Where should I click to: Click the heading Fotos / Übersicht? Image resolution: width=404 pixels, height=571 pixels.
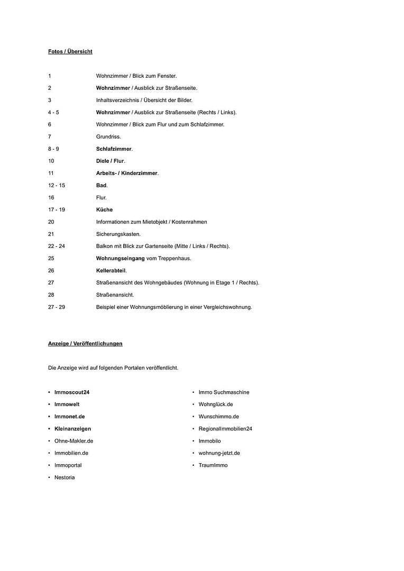click(x=70, y=51)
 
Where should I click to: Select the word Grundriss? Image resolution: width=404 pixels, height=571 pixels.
click(x=108, y=136)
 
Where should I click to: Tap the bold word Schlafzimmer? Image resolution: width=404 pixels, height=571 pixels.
click(x=114, y=149)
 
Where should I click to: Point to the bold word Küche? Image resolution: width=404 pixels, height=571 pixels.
click(x=104, y=209)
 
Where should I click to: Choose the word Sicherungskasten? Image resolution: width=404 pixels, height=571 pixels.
click(x=118, y=234)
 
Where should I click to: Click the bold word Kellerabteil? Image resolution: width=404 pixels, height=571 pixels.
click(x=111, y=270)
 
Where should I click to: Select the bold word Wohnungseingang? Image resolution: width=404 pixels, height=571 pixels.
click(x=120, y=258)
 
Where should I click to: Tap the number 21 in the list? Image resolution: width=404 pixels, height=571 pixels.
click(x=51, y=234)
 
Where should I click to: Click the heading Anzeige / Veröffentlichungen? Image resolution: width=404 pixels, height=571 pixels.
click(x=85, y=343)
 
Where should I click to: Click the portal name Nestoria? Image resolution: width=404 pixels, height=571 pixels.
click(x=65, y=477)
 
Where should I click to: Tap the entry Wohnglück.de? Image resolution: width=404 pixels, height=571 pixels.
click(x=216, y=404)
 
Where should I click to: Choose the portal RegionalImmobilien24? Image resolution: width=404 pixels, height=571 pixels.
click(x=225, y=429)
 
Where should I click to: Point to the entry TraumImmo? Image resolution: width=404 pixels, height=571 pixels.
click(x=213, y=465)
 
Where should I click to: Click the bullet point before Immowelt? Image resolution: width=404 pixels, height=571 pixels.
click(x=49, y=404)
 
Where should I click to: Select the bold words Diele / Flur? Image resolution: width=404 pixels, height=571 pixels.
click(x=110, y=161)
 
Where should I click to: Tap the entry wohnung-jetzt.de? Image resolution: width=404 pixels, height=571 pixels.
click(x=219, y=453)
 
